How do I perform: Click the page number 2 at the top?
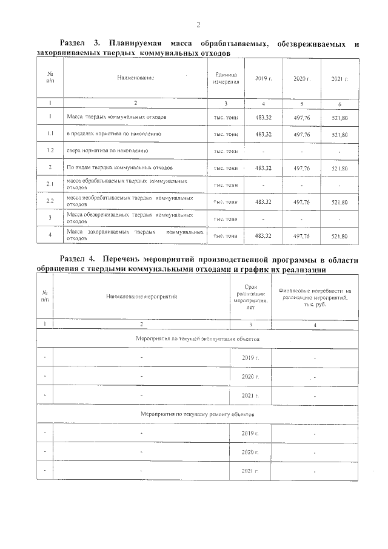198,25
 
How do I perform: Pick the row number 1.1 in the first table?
50,133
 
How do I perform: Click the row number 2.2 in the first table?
50,201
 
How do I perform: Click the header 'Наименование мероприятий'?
141,297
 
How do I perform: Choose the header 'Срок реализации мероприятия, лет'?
250,297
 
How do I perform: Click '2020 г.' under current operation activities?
250,377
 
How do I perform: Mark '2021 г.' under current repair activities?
250,471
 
